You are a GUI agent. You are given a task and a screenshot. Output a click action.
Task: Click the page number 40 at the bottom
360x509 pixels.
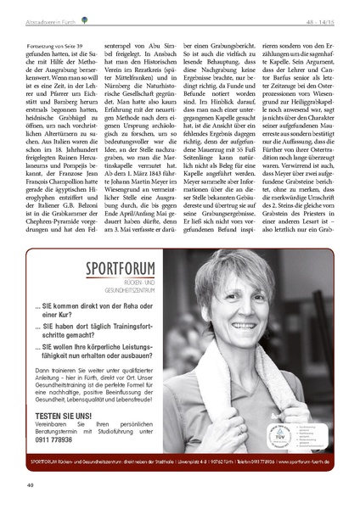[30, 484]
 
